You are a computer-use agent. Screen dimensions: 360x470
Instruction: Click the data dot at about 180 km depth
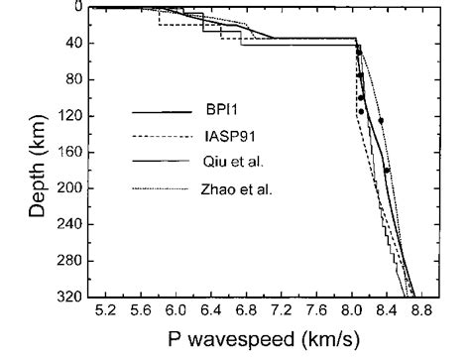click(x=387, y=171)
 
